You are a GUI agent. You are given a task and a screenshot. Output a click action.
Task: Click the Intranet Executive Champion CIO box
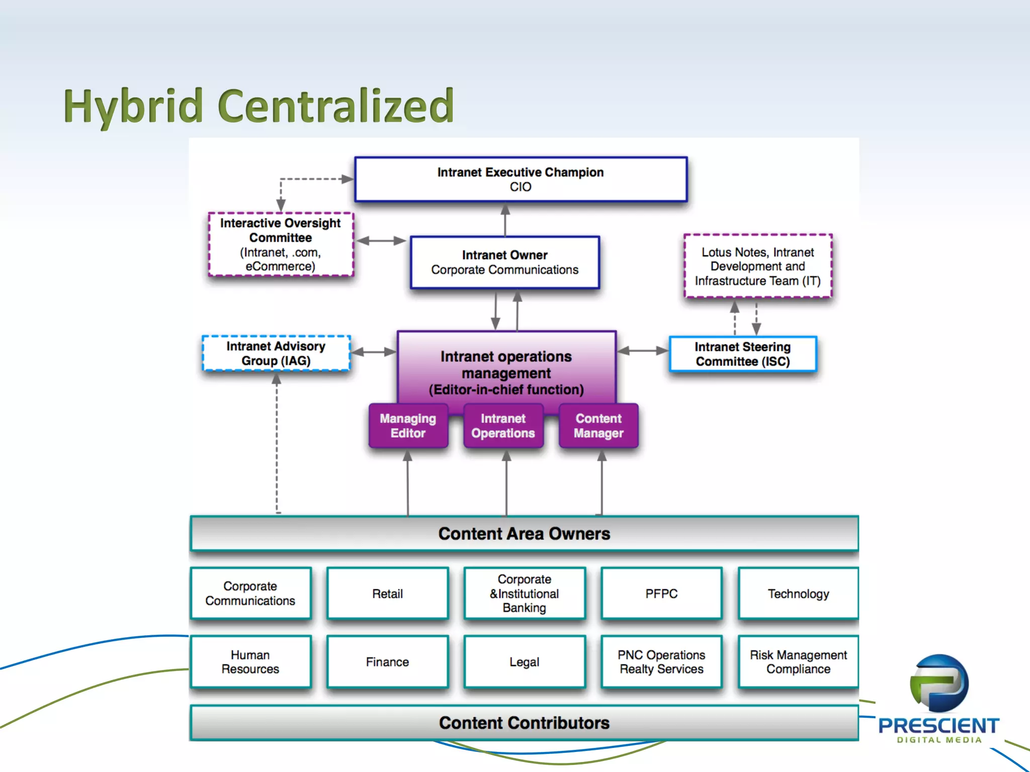(521, 179)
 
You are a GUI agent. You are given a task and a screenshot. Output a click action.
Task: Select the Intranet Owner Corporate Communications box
(504, 262)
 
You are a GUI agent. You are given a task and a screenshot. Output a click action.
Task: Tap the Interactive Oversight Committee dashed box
(281, 244)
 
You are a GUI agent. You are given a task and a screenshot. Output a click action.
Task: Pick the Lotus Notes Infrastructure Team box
(757, 266)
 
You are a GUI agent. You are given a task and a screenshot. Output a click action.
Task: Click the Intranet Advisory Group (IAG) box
(276, 353)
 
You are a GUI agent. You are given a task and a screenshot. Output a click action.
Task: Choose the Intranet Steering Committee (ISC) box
(742, 354)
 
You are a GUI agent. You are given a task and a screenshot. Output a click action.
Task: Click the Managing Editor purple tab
(408, 426)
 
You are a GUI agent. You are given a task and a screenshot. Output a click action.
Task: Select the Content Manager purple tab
(598, 426)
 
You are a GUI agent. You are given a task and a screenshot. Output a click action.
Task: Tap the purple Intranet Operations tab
(503, 426)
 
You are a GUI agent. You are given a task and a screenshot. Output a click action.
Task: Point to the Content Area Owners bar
(524, 533)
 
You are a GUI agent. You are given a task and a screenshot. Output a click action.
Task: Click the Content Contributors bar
(524, 723)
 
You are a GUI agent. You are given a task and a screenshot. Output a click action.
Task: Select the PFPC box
(661, 594)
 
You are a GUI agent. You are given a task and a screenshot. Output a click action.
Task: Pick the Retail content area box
(387, 594)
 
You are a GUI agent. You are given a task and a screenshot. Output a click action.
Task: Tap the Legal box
(524, 662)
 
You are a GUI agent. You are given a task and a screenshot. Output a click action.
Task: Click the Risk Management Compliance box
(798, 662)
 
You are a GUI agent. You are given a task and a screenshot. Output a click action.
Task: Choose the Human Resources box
(250, 662)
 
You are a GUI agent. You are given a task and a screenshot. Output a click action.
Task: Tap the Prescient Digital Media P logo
(938, 684)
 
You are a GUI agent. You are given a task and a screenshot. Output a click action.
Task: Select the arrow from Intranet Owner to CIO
(505, 220)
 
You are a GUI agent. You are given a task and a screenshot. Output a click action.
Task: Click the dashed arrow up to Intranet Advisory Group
(277, 442)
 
